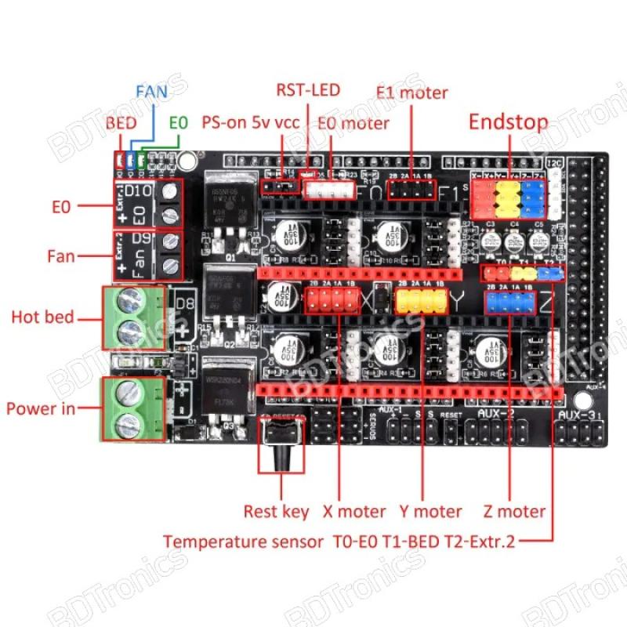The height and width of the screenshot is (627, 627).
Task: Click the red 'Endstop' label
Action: click(508, 122)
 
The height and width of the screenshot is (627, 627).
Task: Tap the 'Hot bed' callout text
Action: click(42, 317)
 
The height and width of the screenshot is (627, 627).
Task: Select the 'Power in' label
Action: click(42, 408)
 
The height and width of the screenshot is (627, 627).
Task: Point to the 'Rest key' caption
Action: click(276, 512)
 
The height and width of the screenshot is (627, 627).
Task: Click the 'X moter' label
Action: click(354, 512)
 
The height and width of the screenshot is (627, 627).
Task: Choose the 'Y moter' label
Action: click(427, 512)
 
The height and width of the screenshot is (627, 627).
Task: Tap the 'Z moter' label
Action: click(513, 512)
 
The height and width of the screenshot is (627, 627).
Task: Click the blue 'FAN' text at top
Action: click(150, 92)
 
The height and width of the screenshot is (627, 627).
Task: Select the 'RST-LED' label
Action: click(307, 90)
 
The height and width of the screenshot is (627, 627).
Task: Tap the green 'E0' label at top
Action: click(179, 123)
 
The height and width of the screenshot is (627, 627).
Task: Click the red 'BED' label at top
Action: click(121, 123)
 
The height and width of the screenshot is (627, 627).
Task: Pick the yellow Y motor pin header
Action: click(421, 301)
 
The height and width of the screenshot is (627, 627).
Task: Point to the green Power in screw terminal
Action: click(130, 408)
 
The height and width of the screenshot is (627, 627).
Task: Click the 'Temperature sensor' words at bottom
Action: click(244, 541)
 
